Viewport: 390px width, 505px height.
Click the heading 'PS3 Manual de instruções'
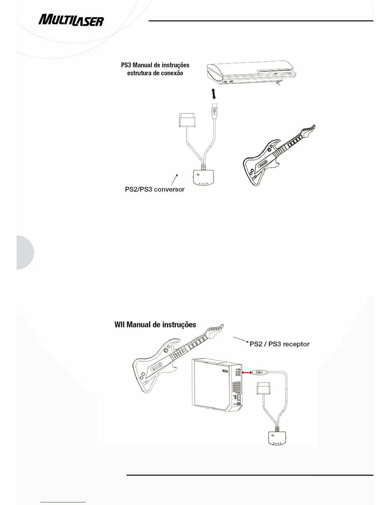155,65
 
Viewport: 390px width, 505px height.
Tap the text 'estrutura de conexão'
155,73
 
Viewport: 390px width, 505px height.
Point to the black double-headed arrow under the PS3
214,94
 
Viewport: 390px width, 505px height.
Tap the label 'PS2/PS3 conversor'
155,189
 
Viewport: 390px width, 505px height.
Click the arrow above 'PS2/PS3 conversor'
174,179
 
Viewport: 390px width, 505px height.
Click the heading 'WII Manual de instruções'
155,325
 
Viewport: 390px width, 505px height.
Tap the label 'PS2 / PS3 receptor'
279,344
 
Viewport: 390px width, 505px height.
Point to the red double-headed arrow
247,372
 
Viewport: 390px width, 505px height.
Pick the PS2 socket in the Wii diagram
263,390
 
